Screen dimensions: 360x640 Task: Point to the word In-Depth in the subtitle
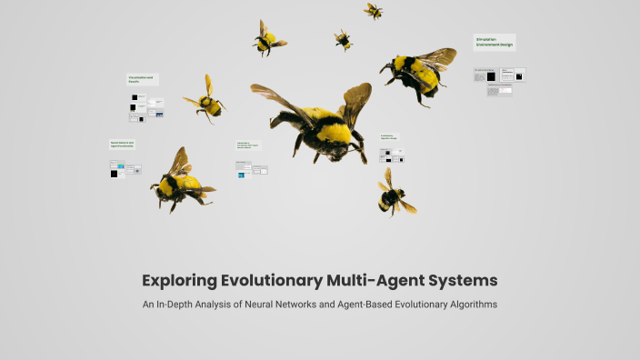185,305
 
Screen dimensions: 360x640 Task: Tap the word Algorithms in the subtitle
467,305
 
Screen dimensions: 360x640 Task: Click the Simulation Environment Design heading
494,42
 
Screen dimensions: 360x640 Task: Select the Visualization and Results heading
142,80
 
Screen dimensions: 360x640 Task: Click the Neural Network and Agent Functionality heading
123,144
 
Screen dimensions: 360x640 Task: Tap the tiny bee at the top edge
374,10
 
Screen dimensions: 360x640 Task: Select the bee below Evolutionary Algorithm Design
394,194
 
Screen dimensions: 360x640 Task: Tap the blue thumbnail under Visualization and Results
159,115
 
